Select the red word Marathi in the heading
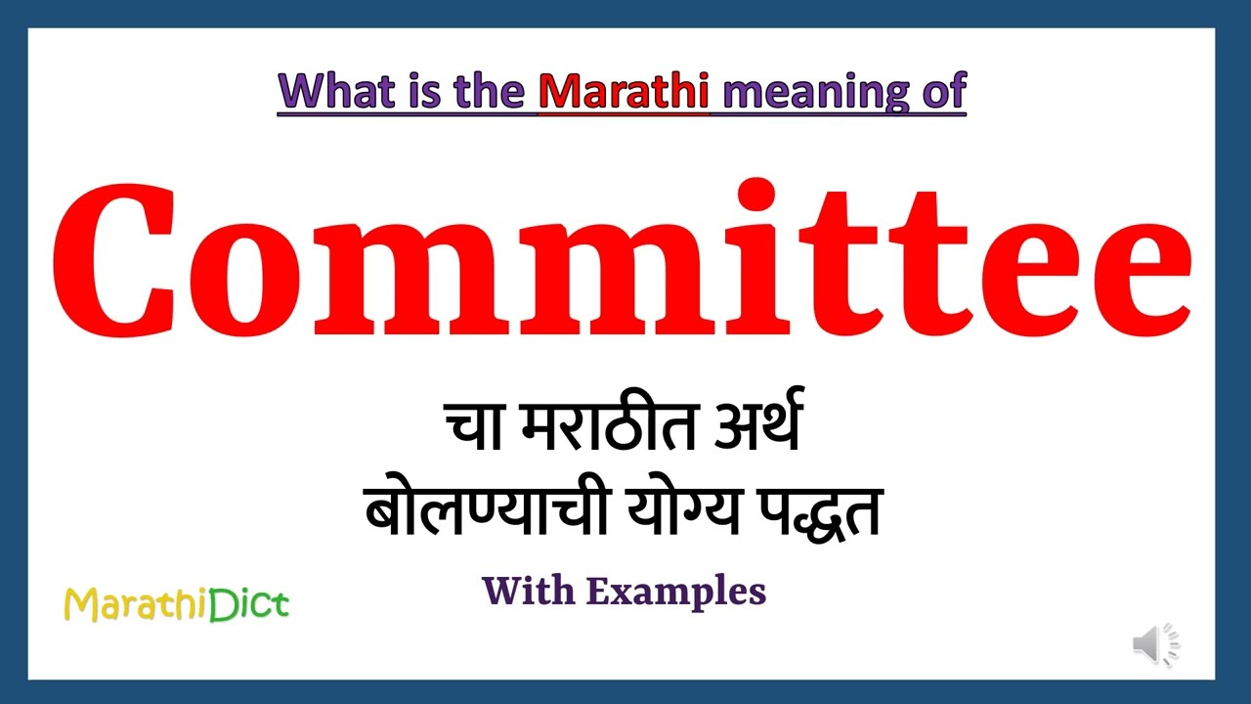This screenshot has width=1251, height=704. click(x=624, y=91)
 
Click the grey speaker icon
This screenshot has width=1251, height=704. click(x=1153, y=645)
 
